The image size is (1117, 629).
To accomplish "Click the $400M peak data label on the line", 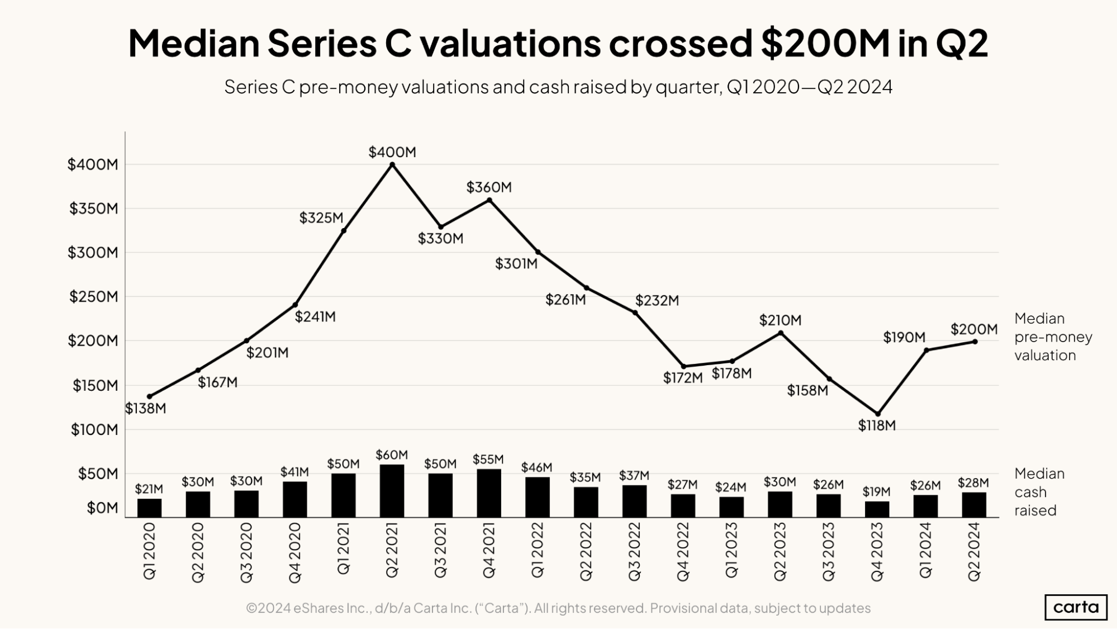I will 392,152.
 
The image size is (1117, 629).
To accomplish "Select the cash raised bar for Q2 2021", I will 392,490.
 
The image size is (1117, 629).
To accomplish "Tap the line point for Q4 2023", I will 877,414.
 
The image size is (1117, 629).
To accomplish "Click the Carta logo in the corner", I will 1076,607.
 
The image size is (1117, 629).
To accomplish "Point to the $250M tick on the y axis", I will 93,296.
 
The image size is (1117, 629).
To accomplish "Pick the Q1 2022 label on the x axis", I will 538,550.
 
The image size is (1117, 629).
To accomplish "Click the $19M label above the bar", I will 876,491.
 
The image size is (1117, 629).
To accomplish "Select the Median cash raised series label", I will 1039,492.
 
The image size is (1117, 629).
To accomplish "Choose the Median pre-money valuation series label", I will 1053,337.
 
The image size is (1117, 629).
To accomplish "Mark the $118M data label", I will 877,425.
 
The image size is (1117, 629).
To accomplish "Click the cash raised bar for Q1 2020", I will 149,508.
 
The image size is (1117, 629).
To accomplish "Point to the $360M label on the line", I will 489,187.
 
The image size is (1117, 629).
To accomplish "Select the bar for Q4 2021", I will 489,493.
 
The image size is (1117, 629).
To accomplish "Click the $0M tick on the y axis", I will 102,508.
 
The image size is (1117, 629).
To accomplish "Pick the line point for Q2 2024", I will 975,342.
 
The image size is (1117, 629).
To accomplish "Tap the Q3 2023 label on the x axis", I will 829,551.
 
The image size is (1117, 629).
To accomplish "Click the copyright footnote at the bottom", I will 558,608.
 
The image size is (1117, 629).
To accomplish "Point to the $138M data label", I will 145,408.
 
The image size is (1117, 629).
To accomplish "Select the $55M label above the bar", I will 488,459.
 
